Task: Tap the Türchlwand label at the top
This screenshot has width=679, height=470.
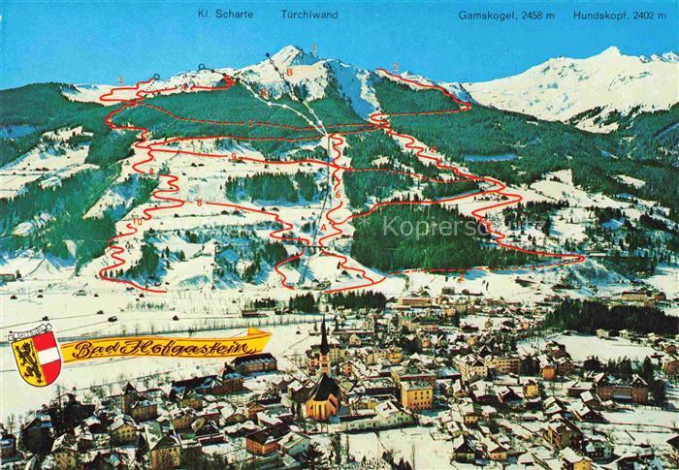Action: click(309, 15)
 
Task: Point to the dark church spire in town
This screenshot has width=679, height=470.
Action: click(324, 339)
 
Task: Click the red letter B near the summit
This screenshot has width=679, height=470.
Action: click(289, 71)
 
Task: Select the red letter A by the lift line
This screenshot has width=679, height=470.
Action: click(323, 227)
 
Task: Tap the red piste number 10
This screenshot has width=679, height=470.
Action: click(136, 223)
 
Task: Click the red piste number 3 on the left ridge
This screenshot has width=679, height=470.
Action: click(120, 79)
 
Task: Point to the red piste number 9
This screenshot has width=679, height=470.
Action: click(233, 156)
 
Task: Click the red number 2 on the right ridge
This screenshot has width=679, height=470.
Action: click(396, 66)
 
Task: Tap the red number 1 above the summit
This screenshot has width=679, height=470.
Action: click(314, 47)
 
